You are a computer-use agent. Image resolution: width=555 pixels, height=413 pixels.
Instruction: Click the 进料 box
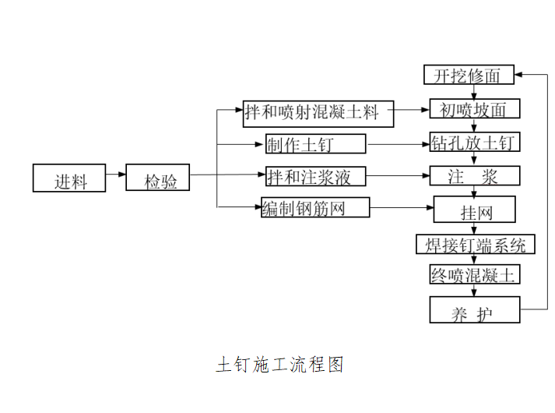[x=70, y=178]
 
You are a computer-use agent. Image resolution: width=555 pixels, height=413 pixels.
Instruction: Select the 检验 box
[x=158, y=178]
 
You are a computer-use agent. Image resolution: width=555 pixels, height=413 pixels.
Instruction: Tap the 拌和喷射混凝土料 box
[x=318, y=113]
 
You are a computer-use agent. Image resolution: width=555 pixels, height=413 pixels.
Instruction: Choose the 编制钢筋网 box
[x=315, y=207]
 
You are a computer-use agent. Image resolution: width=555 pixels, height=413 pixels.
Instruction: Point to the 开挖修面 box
[x=469, y=76]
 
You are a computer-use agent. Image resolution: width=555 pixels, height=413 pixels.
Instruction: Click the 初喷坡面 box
[x=474, y=110]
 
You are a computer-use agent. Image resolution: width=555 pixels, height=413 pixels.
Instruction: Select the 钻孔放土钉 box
[x=475, y=143]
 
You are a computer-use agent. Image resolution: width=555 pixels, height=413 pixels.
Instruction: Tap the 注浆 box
[x=473, y=176]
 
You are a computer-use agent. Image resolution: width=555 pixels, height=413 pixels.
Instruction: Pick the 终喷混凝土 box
[x=474, y=274]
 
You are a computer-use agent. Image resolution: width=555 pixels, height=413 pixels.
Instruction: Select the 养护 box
[x=474, y=309]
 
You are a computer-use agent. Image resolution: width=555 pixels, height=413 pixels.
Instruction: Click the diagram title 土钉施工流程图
[x=279, y=364]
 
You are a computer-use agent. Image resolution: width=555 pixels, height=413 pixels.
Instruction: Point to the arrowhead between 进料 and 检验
[x=121, y=175]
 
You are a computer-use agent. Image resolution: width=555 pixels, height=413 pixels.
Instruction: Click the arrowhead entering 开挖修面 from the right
[x=520, y=75]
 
